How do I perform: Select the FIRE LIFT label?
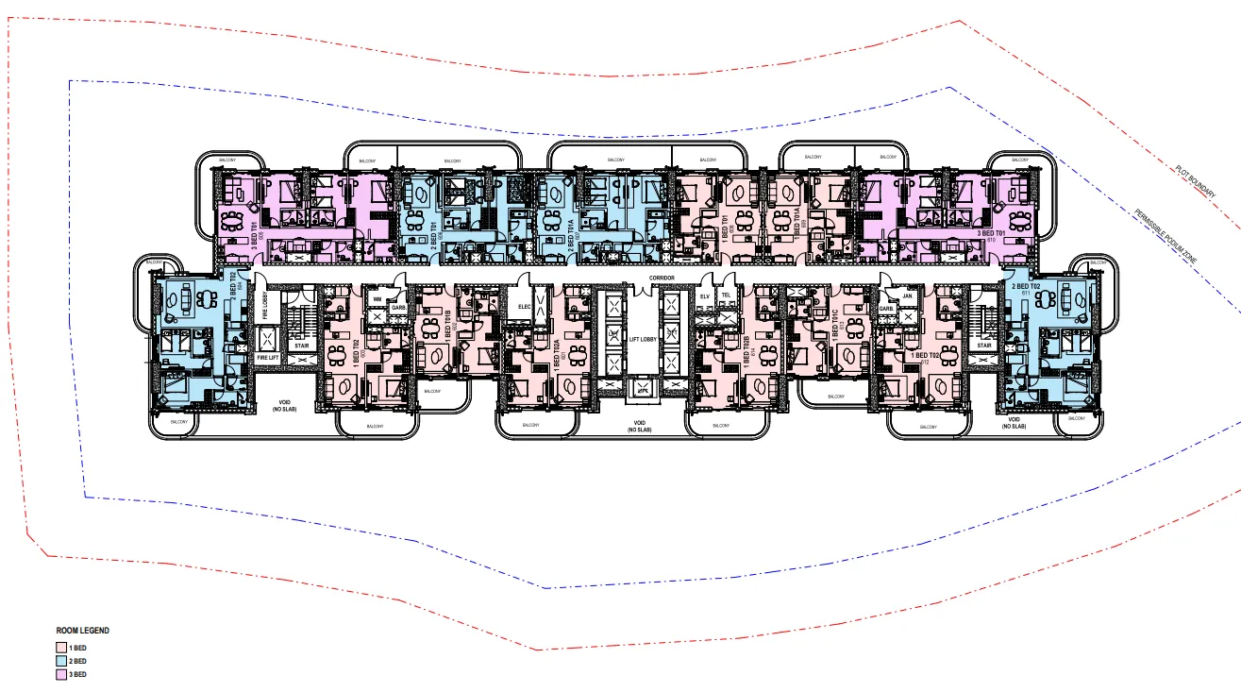point(268,359)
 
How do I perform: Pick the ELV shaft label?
point(704,295)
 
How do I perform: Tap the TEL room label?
point(725,295)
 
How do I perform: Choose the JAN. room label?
point(907,295)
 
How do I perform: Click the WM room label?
point(377,300)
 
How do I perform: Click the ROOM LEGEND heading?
point(82,630)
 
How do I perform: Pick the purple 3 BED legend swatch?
point(59,675)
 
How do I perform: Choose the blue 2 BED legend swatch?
point(59,662)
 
